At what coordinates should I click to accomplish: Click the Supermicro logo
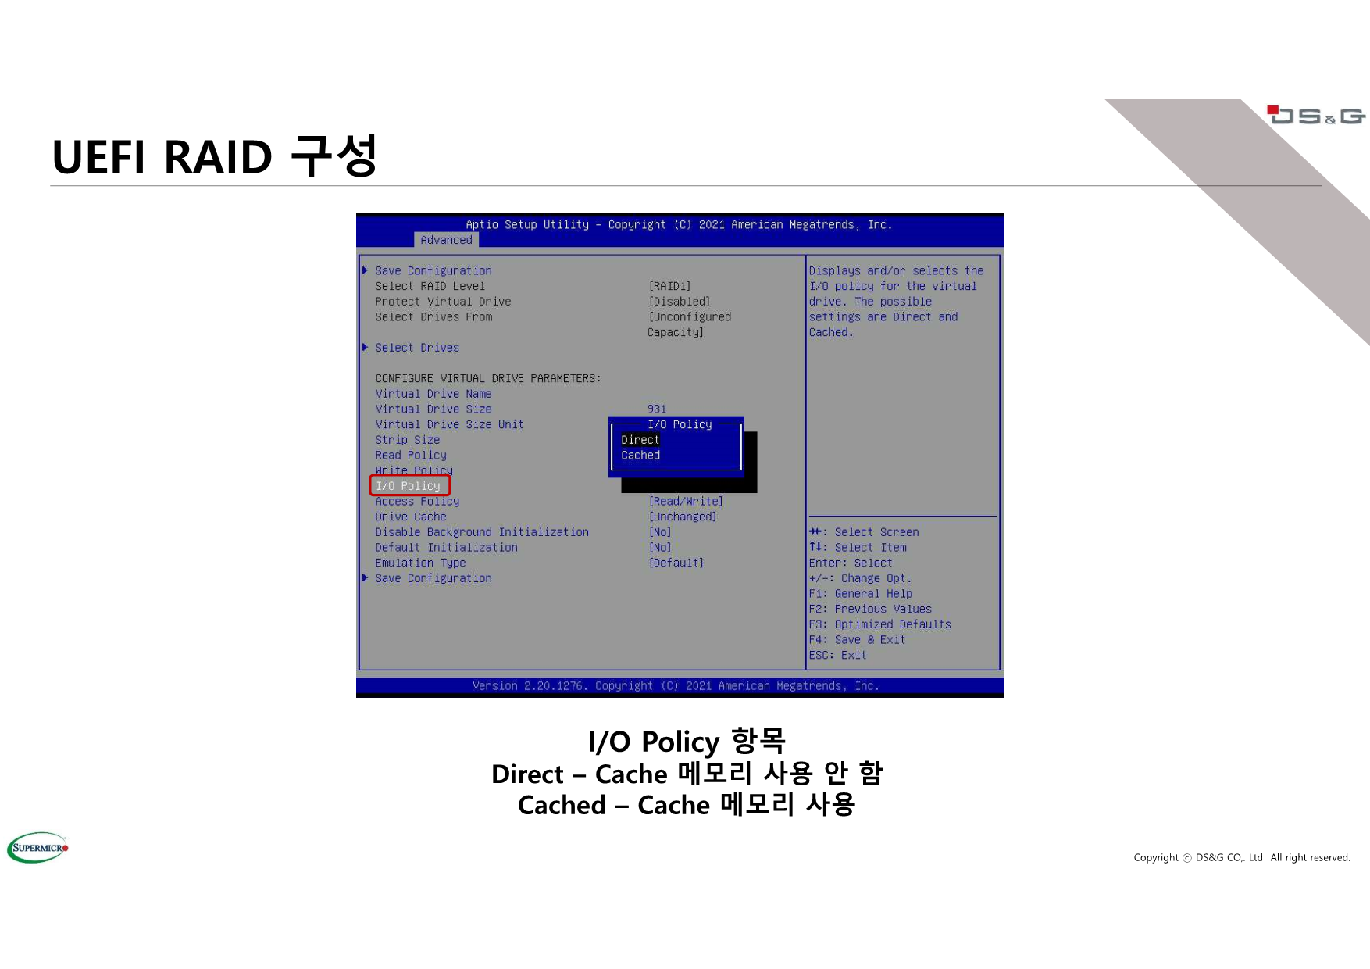pyautogui.click(x=38, y=848)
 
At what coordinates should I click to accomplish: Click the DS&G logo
pyautogui.click(x=1316, y=116)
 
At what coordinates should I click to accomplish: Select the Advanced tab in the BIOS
pyautogui.click(x=446, y=240)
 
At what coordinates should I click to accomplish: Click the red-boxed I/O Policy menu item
pyautogui.click(x=409, y=486)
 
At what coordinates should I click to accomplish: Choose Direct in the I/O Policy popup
pyautogui.click(x=640, y=440)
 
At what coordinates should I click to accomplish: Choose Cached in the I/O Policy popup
pyautogui.click(x=640, y=456)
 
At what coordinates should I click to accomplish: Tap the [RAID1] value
pyautogui.click(x=669, y=287)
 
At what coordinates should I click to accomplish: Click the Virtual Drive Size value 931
pyautogui.click(x=657, y=409)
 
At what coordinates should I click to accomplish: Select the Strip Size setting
pyautogui.click(x=407, y=440)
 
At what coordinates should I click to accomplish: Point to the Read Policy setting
pyautogui.click(x=411, y=456)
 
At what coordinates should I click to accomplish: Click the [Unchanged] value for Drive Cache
pyautogui.click(x=683, y=517)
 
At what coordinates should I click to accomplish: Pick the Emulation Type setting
pyautogui.click(x=420, y=563)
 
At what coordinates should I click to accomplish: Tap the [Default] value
pyautogui.click(x=676, y=563)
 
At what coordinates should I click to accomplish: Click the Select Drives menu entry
pyautogui.click(x=417, y=348)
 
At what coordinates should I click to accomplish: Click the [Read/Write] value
pyautogui.click(x=686, y=502)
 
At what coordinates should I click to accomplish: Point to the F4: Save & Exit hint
pyautogui.click(x=857, y=640)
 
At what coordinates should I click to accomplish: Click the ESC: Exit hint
pyautogui.click(x=837, y=656)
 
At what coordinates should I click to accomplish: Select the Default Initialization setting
pyautogui.click(x=446, y=548)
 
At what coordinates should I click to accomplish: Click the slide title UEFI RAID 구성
pyautogui.click(x=215, y=156)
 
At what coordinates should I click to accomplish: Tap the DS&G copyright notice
pyautogui.click(x=1242, y=857)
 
